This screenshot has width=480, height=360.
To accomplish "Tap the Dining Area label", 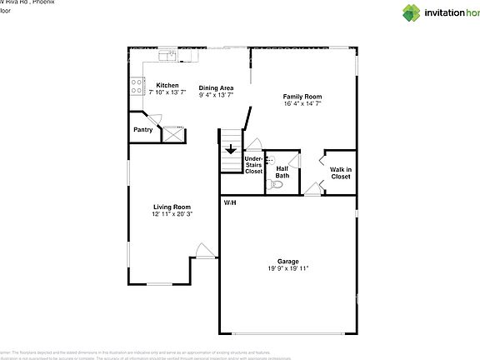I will point(215,87).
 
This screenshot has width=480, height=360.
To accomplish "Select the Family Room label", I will point(302,97).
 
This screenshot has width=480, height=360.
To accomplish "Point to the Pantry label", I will point(142,129).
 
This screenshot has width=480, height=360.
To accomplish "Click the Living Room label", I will point(172,207).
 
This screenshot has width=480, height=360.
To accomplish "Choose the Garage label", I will point(288,261).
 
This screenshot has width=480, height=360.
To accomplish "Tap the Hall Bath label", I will point(282,172).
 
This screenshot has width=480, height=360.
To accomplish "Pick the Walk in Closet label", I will point(341,172).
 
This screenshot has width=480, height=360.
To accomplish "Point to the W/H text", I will point(229,202).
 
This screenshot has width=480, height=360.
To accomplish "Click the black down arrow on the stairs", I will point(231,151).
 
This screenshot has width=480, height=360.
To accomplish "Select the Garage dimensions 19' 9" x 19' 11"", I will point(288,268).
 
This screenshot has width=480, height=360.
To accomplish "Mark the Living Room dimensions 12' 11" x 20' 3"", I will point(172,214).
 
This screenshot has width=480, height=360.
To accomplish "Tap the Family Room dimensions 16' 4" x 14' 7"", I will point(302,104).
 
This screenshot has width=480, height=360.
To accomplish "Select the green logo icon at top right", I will point(412,12).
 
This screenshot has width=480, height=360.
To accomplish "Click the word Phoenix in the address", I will point(41,2).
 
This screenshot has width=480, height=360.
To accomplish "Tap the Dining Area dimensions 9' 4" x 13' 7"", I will point(215,95).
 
